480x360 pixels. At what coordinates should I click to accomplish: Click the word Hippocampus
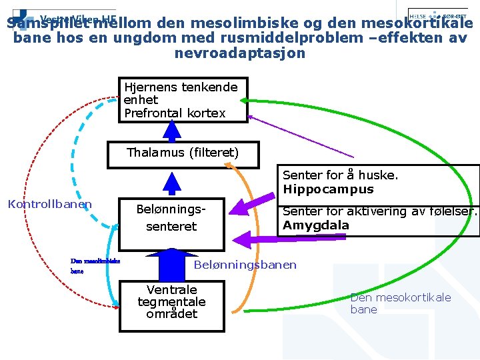coord(328,189)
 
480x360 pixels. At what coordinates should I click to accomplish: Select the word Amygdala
coord(315,225)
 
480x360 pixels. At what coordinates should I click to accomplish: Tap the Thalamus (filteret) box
coord(183,154)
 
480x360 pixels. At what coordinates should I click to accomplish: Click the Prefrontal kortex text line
coord(175,113)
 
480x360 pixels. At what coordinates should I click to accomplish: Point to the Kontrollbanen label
coord(49,204)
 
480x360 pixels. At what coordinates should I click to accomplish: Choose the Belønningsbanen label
coord(245,265)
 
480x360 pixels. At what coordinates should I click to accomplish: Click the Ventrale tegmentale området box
coord(172,302)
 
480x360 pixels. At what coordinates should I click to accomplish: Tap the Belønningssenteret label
coord(171,218)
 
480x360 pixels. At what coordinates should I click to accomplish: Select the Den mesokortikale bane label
coord(400,303)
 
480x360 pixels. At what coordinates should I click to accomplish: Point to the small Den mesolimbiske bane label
coord(95,266)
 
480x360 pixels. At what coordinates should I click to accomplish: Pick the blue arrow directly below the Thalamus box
coord(173,182)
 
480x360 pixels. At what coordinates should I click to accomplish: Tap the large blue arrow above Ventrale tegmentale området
coord(172,263)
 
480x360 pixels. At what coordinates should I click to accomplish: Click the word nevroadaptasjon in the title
coord(240,53)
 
